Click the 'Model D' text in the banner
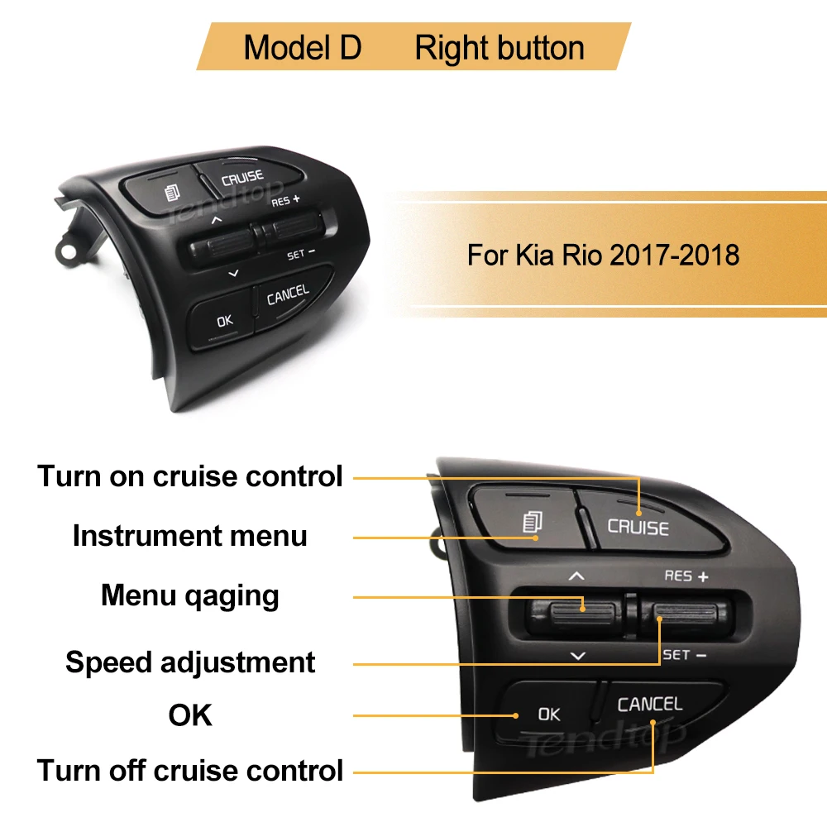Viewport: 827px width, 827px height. click(303, 48)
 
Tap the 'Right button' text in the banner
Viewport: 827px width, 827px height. click(500, 48)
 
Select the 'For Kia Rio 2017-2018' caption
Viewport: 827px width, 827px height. click(603, 254)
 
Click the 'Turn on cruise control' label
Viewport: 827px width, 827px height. click(189, 476)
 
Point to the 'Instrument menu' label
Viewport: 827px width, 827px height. click(189, 536)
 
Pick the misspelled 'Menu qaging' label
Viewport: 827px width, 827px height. click(189, 595)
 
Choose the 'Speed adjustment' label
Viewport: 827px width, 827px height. click(189, 662)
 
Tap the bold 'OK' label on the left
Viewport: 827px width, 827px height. click(189, 715)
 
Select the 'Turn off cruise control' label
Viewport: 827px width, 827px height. click(189, 771)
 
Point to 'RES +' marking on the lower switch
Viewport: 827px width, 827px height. click(686, 576)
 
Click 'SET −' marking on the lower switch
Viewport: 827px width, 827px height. click(684, 654)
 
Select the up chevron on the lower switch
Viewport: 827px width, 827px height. click(577, 576)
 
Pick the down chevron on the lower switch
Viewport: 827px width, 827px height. click(577, 655)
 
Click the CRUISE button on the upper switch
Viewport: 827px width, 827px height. click(242, 176)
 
